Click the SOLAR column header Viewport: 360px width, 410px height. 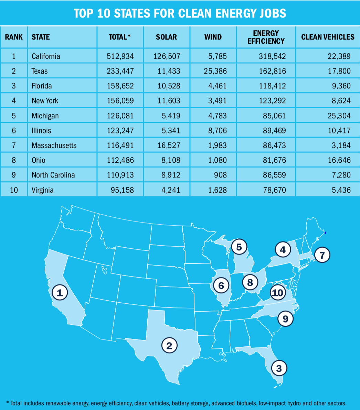coord(166,37)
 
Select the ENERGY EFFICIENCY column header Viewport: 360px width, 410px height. coord(266,37)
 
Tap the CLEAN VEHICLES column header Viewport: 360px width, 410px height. coord(328,37)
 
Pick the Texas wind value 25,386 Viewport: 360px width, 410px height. coord(213,71)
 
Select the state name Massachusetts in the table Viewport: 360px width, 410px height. coord(54,145)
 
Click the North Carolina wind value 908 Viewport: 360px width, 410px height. coord(220,175)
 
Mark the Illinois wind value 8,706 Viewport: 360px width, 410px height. coord(216,131)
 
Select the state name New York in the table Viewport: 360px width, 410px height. coord(45,101)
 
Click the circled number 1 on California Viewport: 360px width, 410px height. coord(60,293)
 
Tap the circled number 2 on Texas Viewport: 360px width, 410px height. coord(169,345)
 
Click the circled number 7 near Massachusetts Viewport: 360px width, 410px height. coord(322,255)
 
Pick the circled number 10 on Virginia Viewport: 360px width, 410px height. coord(277,293)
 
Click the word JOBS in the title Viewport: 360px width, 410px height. coord(270,13)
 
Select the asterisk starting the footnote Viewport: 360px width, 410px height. coord(7,402)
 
